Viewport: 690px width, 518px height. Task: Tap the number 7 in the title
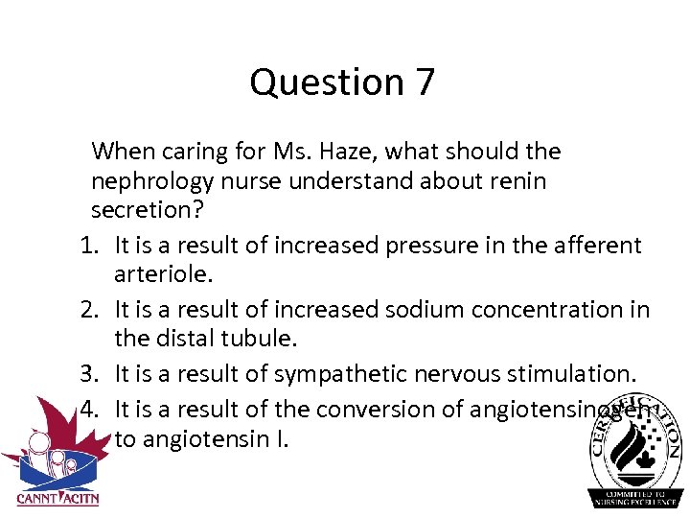pos(425,82)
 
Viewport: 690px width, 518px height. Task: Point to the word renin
pos(517,181)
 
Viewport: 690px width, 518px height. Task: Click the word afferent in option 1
pos(597,246)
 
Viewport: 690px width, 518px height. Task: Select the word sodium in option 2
pos(423,310)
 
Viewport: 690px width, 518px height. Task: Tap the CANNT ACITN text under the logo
pos(57,499)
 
